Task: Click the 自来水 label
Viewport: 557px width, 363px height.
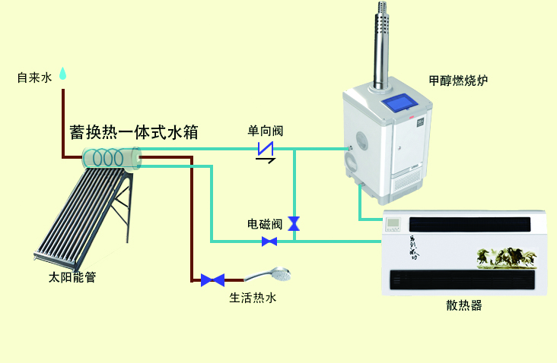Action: click(x=34, y=77)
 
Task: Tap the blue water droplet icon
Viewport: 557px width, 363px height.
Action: click(x=63, y=74)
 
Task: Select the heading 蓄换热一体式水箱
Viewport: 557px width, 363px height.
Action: click(x=134, y=132)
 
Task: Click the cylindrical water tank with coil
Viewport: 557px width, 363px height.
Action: click(x=113, y=159)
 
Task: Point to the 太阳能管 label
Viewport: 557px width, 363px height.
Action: click(x=72, y=278)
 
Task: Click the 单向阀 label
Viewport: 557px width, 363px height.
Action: click(x=266, y=130)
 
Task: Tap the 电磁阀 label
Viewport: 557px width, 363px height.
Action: click(x=265, y=224)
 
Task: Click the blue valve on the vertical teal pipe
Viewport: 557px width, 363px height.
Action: click(x=294, y=223)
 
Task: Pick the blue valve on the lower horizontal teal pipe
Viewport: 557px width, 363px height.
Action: click(x=269, y=241)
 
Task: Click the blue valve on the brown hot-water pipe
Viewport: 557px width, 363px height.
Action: click(x=212, y=280)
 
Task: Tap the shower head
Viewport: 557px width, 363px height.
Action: click(x=278, y=274)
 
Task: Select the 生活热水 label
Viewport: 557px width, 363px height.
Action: click(x=253, y=298)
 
